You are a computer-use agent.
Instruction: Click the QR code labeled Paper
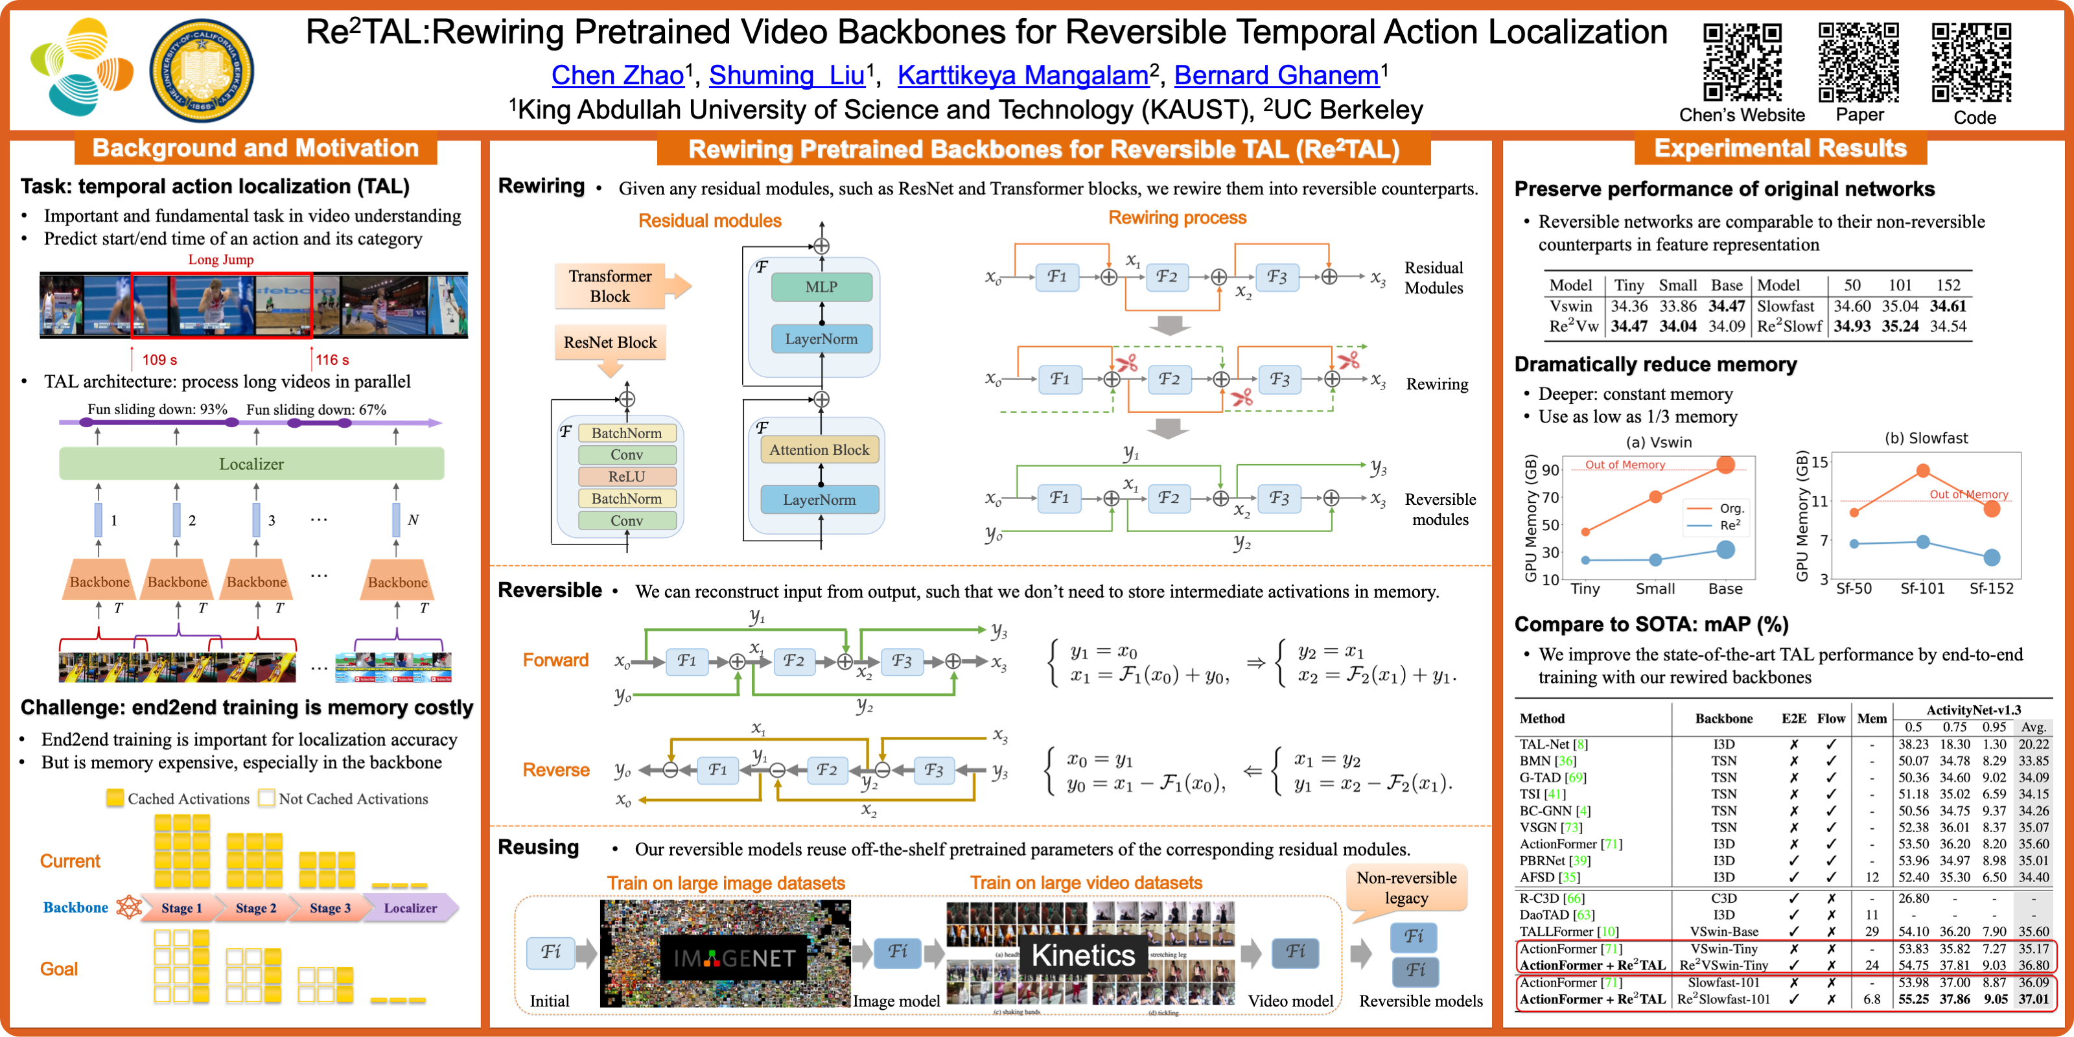(x=1858, y=63)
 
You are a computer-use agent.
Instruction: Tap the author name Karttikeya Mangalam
(x=1023, y=76)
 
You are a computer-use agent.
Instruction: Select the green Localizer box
(x=251, y=464)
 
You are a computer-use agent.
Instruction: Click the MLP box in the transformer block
(x=821, y=286)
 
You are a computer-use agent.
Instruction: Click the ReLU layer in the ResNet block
(x=626, y=476)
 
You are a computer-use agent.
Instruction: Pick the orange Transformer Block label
(x=611, y=286)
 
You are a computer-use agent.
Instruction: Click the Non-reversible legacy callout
(x=1406, y=888)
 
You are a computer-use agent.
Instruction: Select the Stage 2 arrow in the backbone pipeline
(x=255, y=908)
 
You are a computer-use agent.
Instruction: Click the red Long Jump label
(x=220, y=259)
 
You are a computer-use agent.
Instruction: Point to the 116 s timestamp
(x=332, y=360)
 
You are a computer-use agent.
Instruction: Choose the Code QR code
(x=1972, y=63)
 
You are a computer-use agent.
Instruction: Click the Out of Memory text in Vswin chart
(x=1625, y=465)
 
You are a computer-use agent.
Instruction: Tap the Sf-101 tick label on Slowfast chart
(x=1922, y=588)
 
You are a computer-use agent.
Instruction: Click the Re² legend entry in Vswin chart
(x=1729, y=526)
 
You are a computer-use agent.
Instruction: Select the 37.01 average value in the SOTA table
(x=2033, y=999)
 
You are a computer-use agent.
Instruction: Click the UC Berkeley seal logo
(x=202, y=71)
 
